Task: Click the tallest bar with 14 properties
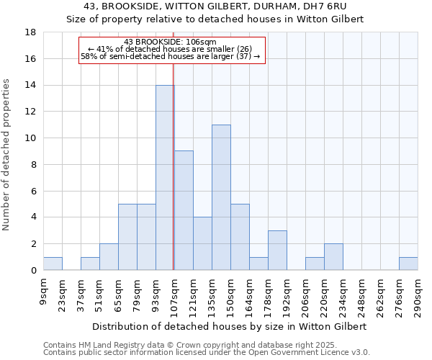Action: click(165, 178)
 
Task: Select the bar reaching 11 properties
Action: click(221, 197)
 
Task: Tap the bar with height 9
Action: click(184, 210)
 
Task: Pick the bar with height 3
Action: click(277, 251)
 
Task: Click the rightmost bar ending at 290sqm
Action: click(408, 264)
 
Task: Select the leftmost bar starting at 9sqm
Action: click(53, 264)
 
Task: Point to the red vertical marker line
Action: click(174, 166)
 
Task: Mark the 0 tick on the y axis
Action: click(33, 270)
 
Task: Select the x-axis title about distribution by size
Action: click(230, 326)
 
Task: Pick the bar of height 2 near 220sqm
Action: click(333, 257)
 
